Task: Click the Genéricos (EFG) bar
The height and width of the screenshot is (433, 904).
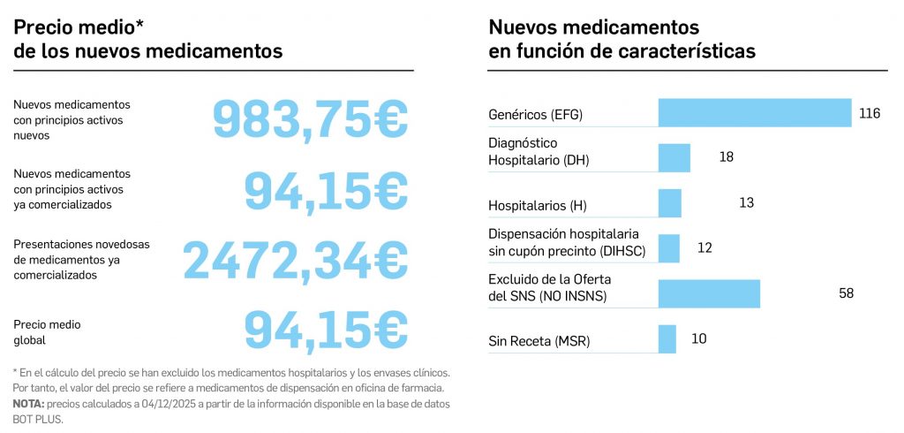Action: click(755, 112)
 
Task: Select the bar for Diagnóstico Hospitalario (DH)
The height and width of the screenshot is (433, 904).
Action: click(674, 157)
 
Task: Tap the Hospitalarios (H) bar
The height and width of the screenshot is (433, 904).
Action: click(670, 203)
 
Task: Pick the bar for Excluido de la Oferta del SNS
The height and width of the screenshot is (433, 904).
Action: click(709, 293)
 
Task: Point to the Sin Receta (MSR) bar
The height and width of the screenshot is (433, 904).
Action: click(667, 338)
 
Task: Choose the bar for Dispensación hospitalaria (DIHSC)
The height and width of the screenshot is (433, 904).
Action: click(669, 248)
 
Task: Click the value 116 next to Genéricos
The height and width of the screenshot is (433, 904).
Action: click(870, 113)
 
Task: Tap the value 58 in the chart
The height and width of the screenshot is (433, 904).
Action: click(846, 293)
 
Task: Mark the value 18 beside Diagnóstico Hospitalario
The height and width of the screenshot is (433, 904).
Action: click(727, 157)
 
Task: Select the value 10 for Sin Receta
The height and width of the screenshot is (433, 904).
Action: click(698, 338)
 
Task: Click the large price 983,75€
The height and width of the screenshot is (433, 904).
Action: click(310, 120)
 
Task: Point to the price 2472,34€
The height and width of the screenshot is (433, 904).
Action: click(295, 260)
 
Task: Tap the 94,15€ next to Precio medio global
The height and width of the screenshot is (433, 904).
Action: click(326, 330)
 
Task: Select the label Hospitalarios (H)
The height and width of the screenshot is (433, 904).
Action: click(538, 206)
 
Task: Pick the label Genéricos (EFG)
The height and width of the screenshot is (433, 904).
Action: click(536, 115)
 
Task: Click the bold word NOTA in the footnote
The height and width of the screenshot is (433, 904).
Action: click(27, 404)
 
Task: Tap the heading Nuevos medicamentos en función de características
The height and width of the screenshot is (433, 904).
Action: click(621, 40)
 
